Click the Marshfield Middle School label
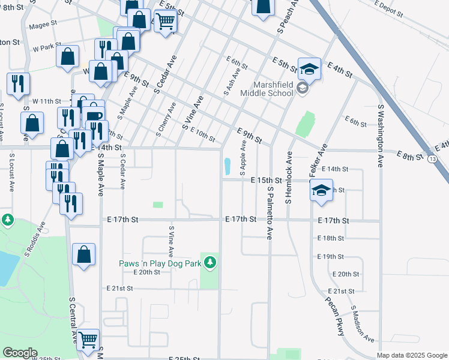click(x=267, y=89)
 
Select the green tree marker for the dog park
click(x=209, y=262)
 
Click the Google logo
click(x=20, y=353)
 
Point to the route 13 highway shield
click(x=432, y=158)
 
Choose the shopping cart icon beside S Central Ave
click(x=88, y=340)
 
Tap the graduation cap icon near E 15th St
click(x=321, y=190)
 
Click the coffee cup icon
click(x=94, y=115)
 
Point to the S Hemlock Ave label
click(x=289, y=177)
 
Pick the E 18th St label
click(x=331, y=238)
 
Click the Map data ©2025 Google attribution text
click(x=412, y=355)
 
